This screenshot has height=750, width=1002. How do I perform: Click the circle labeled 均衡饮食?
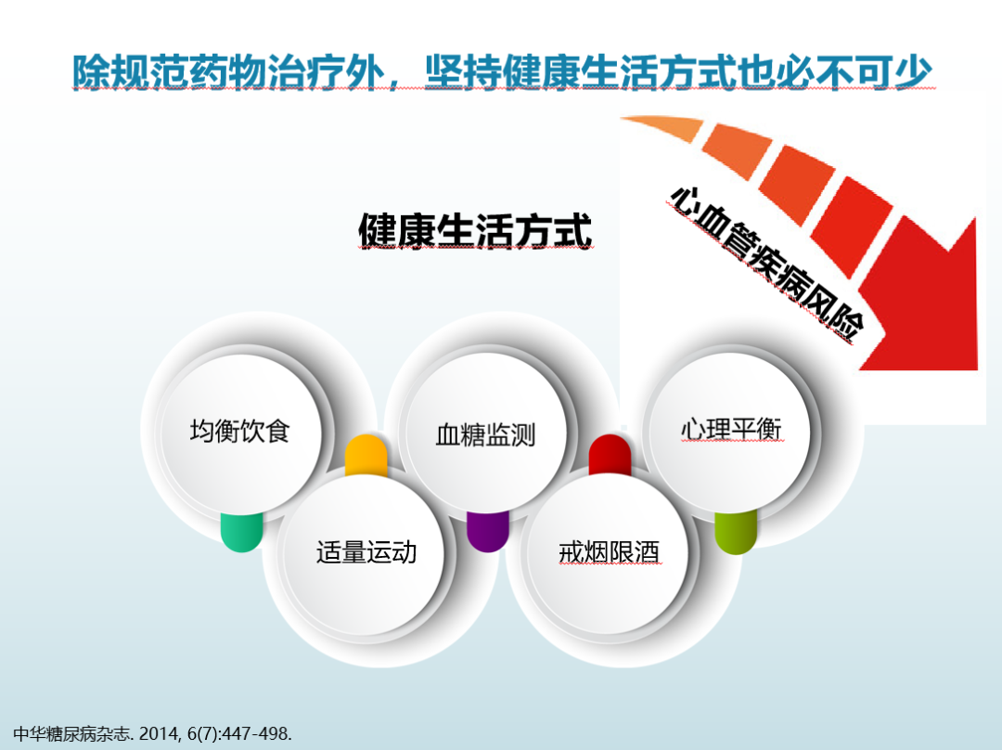(240, 433)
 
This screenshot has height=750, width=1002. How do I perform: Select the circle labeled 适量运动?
(366, 553)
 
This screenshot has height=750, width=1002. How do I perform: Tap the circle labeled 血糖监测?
(485, 435)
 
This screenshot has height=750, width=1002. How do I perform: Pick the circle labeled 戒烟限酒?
(609, 553)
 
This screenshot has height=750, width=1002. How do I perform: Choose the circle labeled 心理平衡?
(730, 430)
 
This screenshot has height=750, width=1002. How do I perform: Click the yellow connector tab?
(366, 453)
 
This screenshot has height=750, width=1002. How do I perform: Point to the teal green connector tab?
(241, 533)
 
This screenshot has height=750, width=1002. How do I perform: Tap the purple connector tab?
(487, 533)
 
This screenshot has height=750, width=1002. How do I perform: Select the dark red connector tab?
(610, 452)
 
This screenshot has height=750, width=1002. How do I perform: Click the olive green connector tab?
(736, 535)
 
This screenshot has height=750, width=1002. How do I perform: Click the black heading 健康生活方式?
(475, 231)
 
